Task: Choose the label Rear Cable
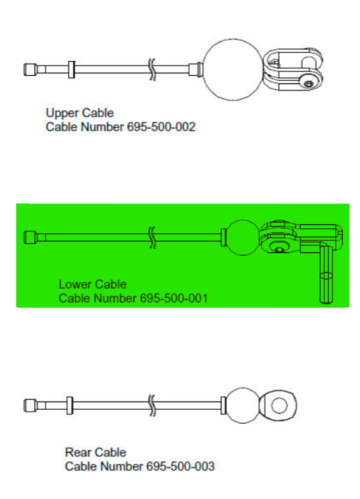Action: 96,453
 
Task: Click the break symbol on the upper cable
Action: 152,69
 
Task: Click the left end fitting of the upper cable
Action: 30,69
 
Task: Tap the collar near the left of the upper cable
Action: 71,69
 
